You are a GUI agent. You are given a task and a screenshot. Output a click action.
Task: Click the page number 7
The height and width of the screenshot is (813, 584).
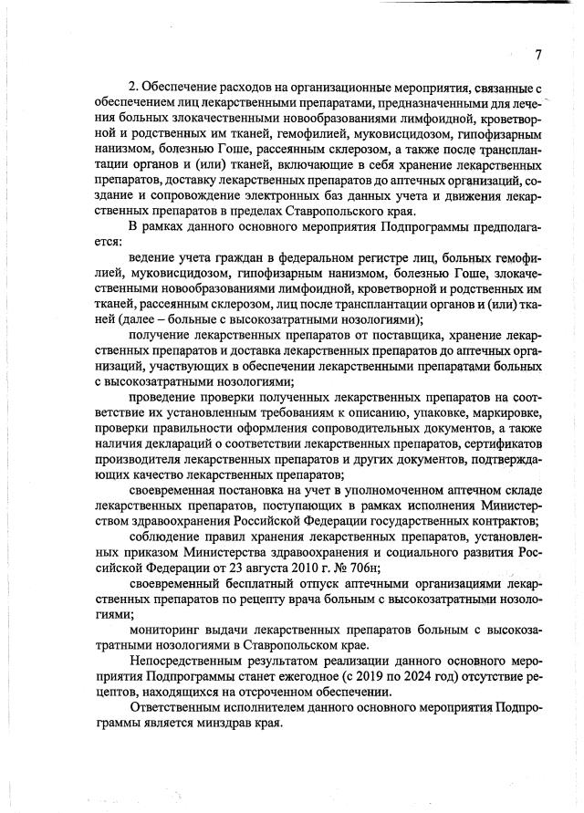(x=538, y=55)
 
